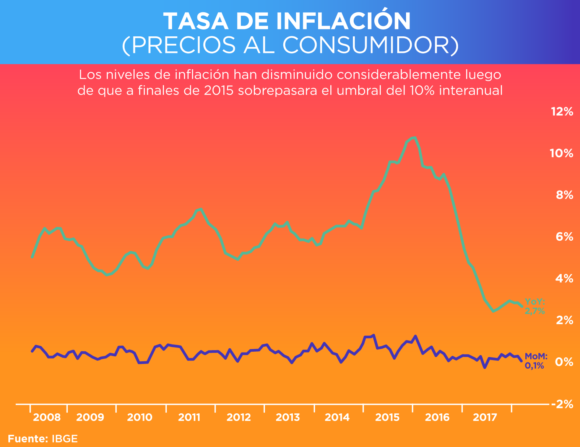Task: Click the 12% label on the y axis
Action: click(x=562, y=112)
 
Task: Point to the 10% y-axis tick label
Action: click(x=562, y=153)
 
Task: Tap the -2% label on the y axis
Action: click(x=562, y=404)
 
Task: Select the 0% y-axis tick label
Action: click(x=564, y=362)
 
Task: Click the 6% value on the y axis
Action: click(x=564, y=237)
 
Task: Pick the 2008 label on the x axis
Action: click(x=47, y=417)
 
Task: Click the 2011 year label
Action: click(x=189, y=417)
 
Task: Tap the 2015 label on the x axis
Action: click(x=387, y=417)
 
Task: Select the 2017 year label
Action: click(x=485, y=417)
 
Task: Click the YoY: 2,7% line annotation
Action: click(x=535, y=307)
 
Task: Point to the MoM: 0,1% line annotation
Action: click(x=536, y=361)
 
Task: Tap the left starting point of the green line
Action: click(x=32, y=258)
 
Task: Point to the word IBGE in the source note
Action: click(x=65, y=439)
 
